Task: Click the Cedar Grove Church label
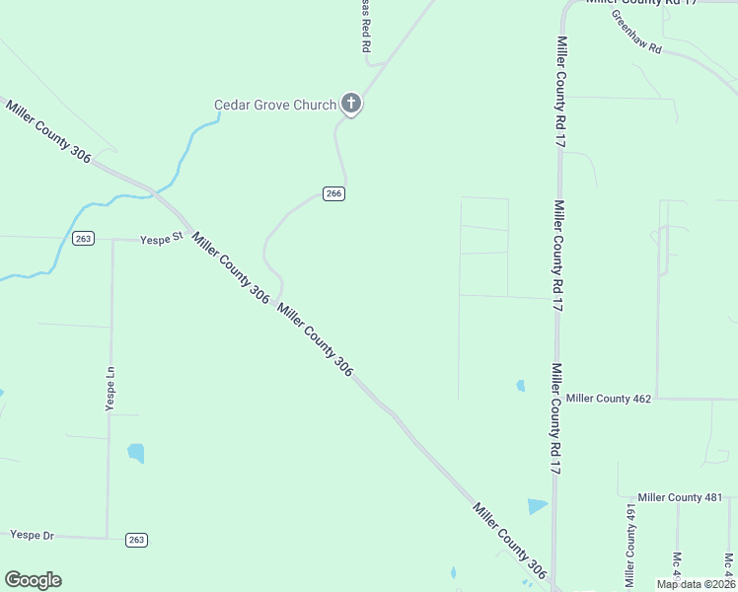click(x=275, y=105)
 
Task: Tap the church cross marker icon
click(x=351, y=103)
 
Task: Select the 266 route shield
click(x=333, y=193)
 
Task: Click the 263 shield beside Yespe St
click(x=83, y=239)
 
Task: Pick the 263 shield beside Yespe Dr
click(x=136, y=539)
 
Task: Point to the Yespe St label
click(x=162, y=239)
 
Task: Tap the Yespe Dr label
click(x=32, y=535)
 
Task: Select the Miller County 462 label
click(x=609, y=399)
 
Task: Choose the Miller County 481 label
click(x=680, y=497)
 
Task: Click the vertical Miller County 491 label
click(x=629, y=543)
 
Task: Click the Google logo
click(x=33, y=579)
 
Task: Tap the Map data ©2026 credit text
click(x=696, y=584)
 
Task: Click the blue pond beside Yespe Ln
click(x=135, y=453)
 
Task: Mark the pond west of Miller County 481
click(x=537, y=506)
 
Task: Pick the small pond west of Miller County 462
click(x=520, y=386)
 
